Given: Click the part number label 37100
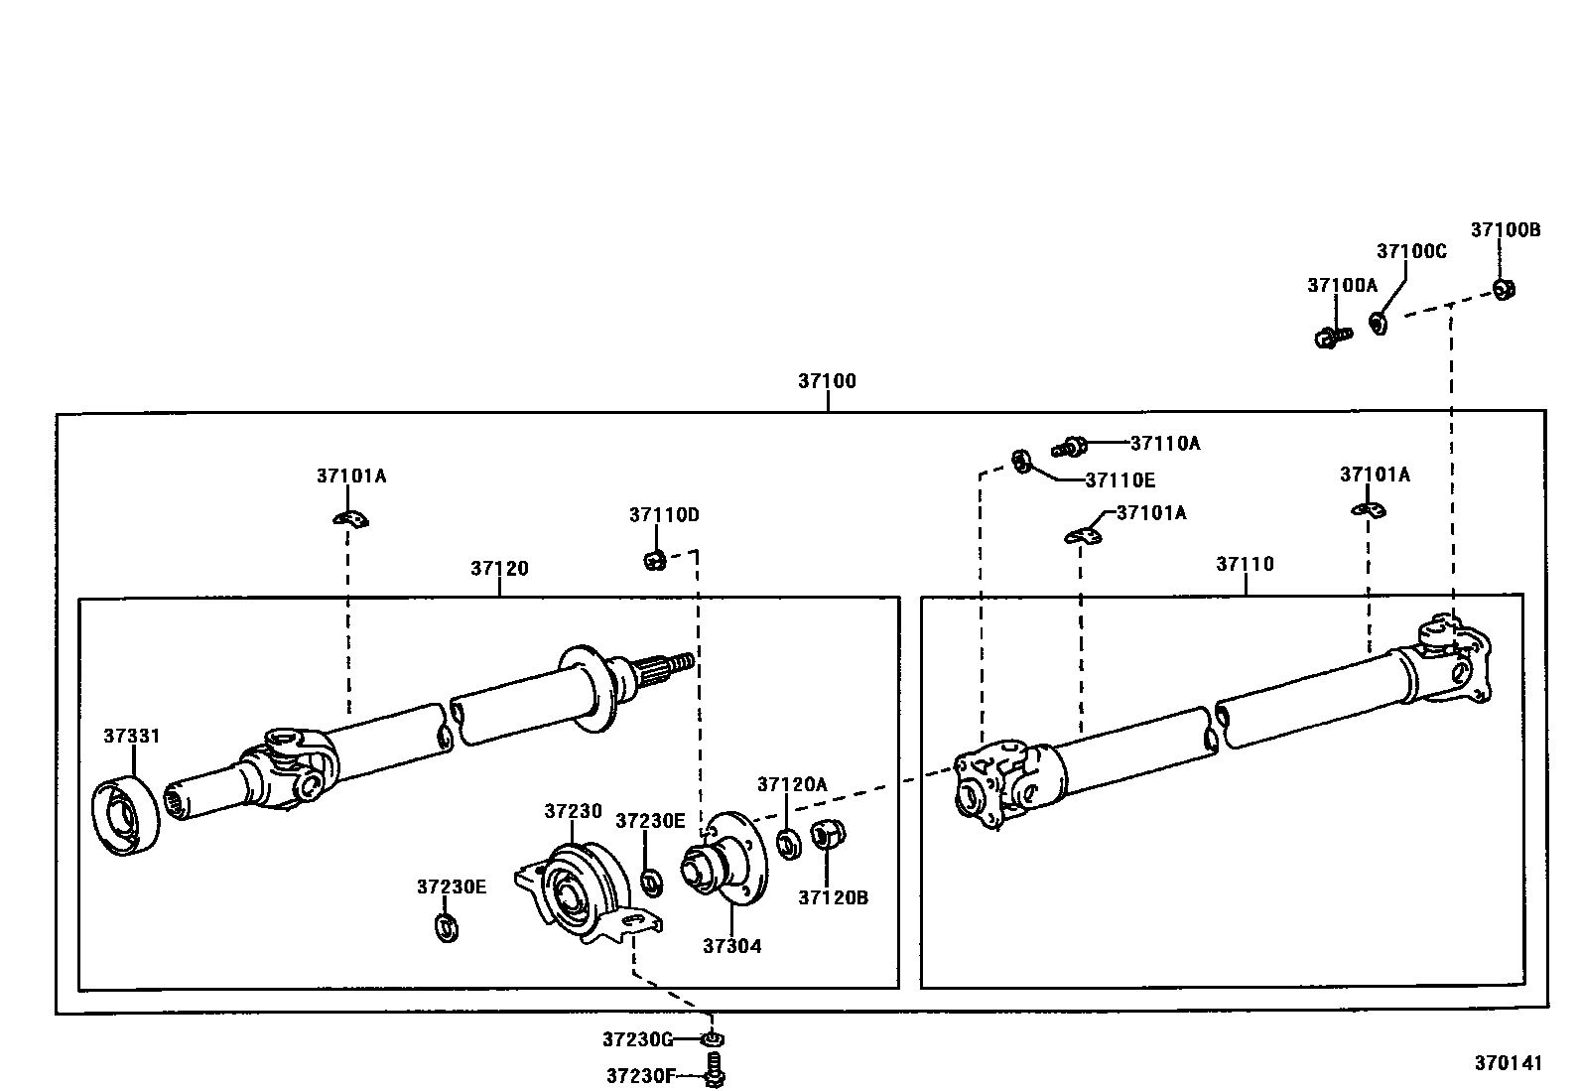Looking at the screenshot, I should point(827,381).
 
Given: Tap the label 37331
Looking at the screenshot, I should point(131,737).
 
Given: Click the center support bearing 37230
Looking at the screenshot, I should point(573,886).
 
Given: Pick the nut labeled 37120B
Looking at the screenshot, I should point(826,835).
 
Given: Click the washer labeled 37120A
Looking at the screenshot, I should point(789,846).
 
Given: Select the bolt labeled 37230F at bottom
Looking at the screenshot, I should point(715,1074).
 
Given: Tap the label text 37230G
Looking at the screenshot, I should point(637,1039).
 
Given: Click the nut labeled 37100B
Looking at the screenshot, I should point(1504,289).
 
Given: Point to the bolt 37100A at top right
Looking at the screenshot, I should point(1330,338).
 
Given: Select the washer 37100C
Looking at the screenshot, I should point(1379,323).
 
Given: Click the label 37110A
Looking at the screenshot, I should point(1165,444).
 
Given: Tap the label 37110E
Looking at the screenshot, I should point(1120,480).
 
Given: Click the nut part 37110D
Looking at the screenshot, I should point(653,561).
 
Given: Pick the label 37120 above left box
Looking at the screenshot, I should point(499,569).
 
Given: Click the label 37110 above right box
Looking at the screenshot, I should point(1245,564).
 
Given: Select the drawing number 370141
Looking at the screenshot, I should point(1508,1063).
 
